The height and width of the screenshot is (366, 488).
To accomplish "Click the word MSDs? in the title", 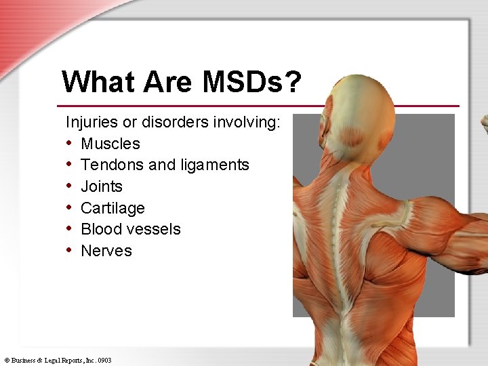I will point(250,82).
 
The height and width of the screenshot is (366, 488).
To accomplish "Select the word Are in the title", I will point(171,82).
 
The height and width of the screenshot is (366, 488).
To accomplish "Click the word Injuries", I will point(91,122).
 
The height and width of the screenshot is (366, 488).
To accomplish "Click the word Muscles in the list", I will point(110,144).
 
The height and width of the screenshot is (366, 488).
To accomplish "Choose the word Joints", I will point(102,186).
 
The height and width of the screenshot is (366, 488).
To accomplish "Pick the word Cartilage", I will point(113,208).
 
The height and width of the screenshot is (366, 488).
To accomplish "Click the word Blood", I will point(100,229).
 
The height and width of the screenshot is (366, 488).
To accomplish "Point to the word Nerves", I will point(106,251).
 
